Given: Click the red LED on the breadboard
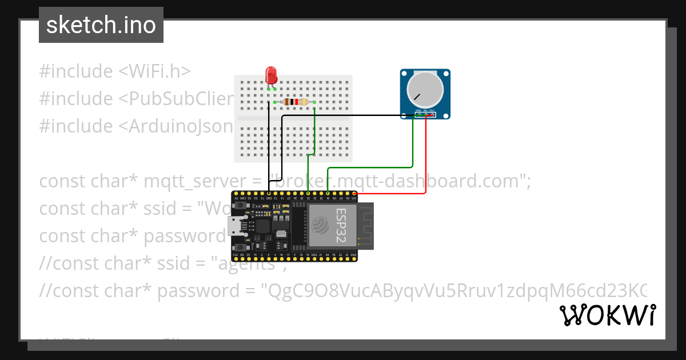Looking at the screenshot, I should [x=271, y=75].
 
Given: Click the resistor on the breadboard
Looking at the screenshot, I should [x=294, y=102].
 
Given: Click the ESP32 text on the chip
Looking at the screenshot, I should [x=341, y=226].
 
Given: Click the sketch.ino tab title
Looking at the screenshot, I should [x=101, y=25].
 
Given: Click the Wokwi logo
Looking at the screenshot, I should [x=607, y=315].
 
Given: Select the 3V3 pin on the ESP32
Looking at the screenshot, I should [x=355, y=194].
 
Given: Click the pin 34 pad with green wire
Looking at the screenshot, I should [x=328, y=194].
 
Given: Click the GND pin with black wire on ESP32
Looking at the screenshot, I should [x=269, y=194].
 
